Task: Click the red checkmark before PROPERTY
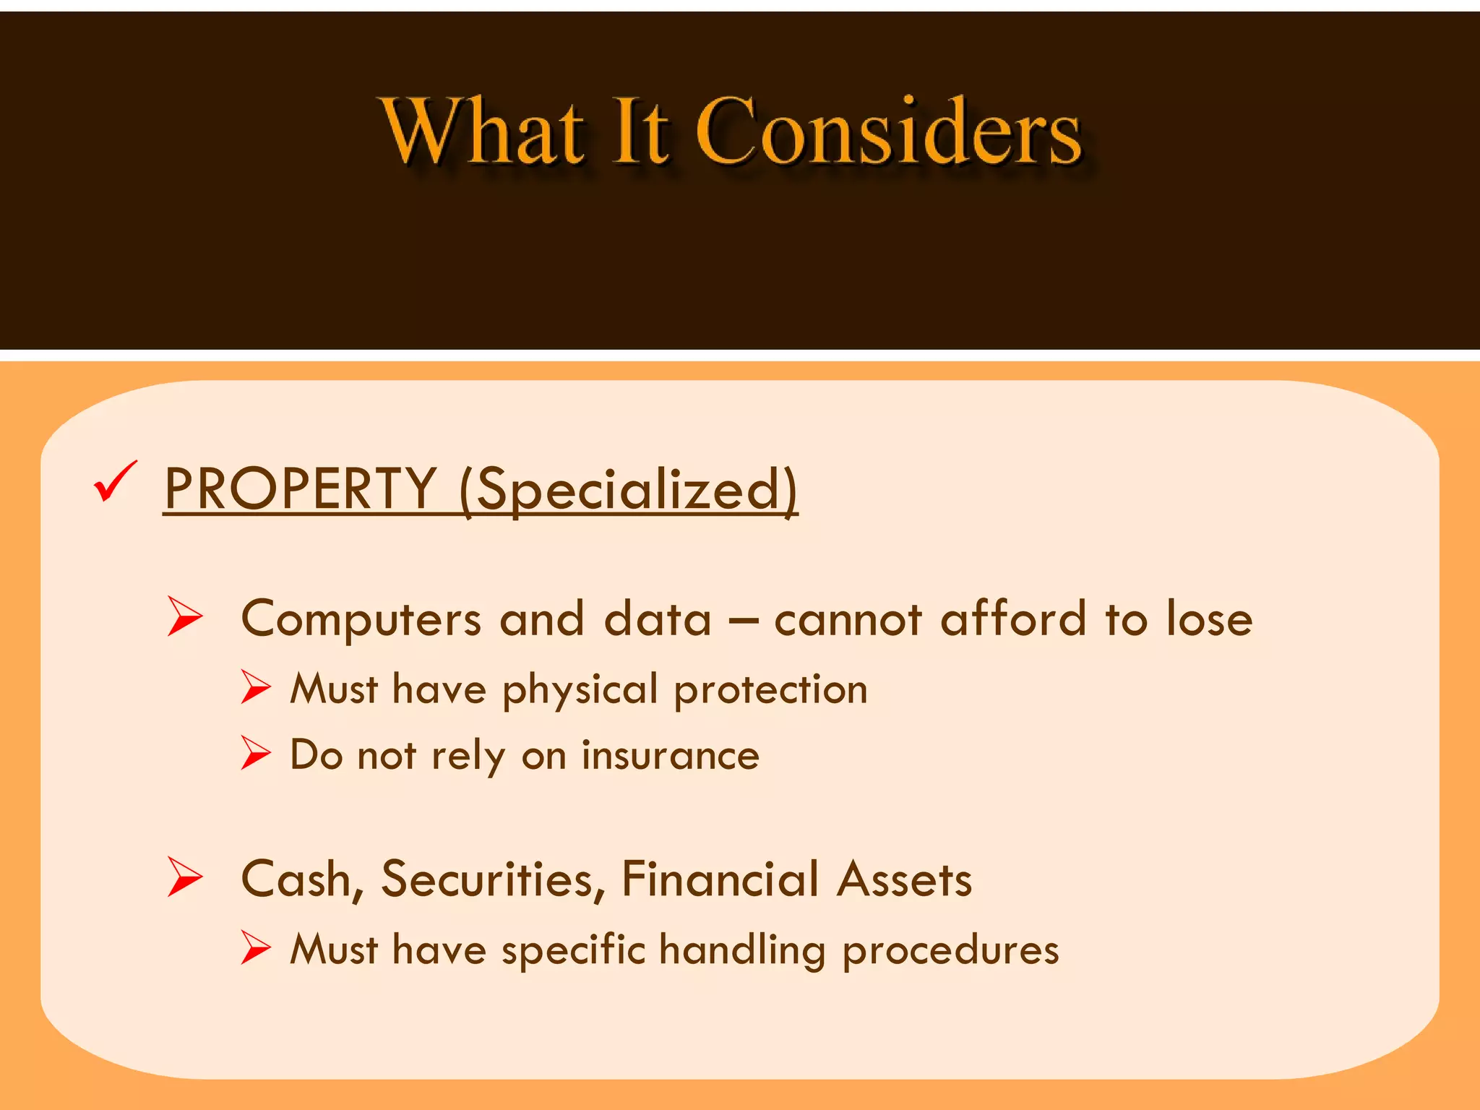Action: [x=115, y=482]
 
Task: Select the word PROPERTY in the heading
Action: [x=300, y=489]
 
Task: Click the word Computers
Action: [x=361, y=620]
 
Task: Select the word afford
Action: [x=1013, y=619]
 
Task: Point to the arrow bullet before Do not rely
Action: [x=255, y=753]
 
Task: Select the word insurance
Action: [x=670, y=755]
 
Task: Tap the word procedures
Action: [x=950, y=951]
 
